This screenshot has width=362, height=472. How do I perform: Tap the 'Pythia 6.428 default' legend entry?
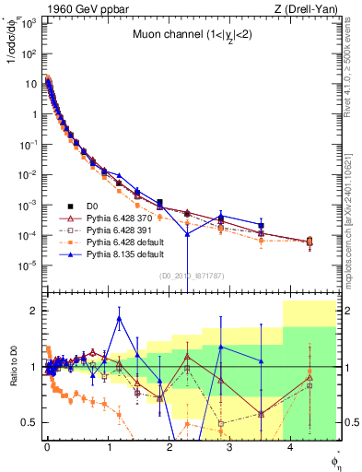123,242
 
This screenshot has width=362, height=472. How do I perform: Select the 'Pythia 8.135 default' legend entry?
123,254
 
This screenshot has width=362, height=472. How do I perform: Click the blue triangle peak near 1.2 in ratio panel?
119,319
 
